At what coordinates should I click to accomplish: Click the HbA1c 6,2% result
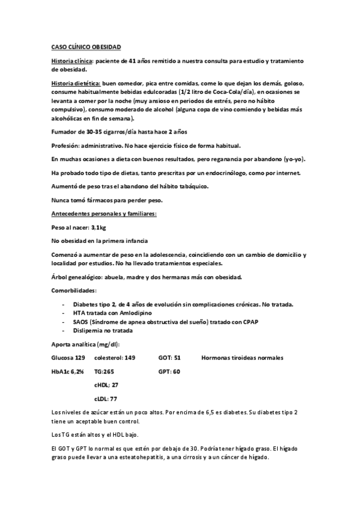click(67, 372)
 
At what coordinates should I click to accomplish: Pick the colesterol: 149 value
click(114, 358)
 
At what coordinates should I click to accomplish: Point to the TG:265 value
click(105, 372)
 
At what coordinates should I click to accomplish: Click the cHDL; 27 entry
click(106, 385)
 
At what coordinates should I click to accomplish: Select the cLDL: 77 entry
click(106, 399)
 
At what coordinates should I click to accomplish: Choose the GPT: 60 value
click(169, 372)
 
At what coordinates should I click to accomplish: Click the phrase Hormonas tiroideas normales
click(242, 358)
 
